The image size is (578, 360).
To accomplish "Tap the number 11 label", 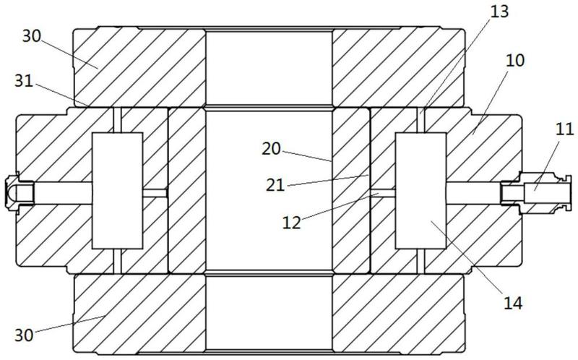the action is [x=566, y=131].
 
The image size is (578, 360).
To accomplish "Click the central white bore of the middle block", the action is [x=269, y=190].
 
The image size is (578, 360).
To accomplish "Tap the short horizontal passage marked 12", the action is [x=384, y=192].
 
